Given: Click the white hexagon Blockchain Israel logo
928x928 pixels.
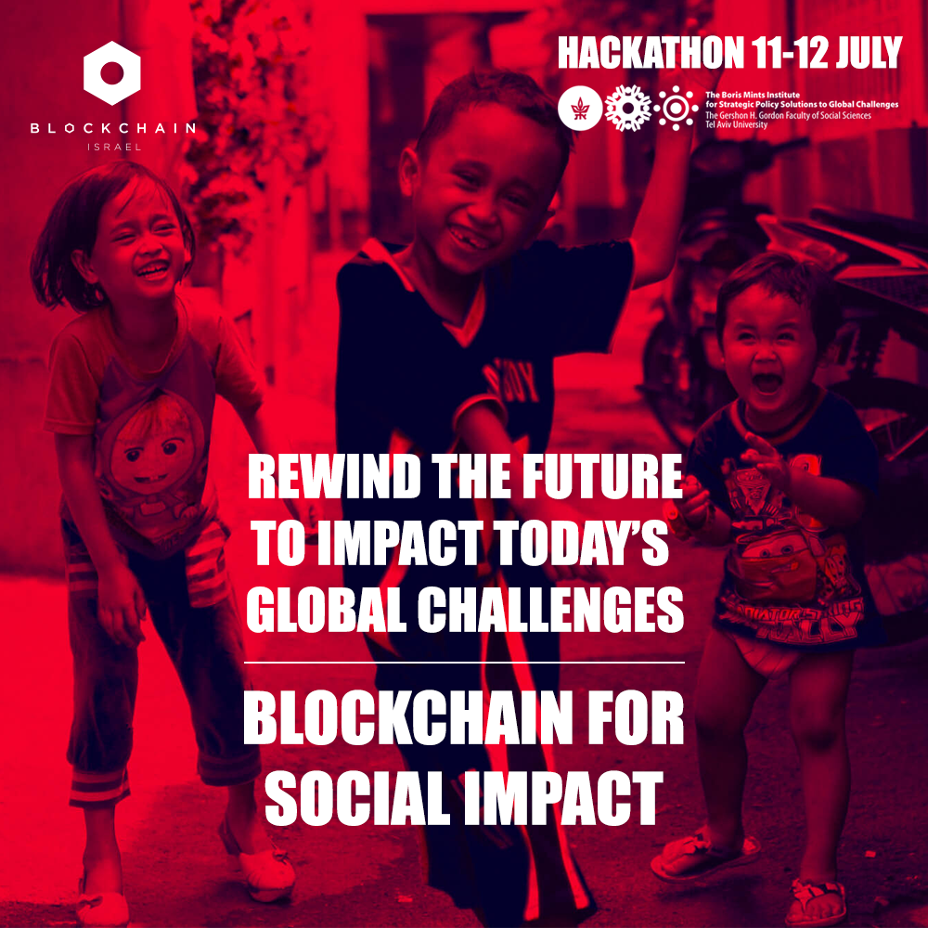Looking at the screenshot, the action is pos(112,72).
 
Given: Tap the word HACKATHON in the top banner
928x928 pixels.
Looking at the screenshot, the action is pos(651,53).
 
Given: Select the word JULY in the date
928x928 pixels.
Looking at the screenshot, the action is pos(869,53).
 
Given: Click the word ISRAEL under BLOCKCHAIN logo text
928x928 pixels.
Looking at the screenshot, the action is pos(114,147).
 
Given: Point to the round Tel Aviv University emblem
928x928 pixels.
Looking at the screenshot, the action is pos(580,109).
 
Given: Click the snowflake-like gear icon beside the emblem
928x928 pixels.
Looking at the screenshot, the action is pos(628,109).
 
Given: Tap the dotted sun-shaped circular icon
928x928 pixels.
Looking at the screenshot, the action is pos(676,109).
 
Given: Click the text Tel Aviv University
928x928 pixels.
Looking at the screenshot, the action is pos(736,125).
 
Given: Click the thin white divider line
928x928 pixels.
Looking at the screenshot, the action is pos(464,663).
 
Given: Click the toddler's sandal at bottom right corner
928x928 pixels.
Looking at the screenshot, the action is pos(816,903).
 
